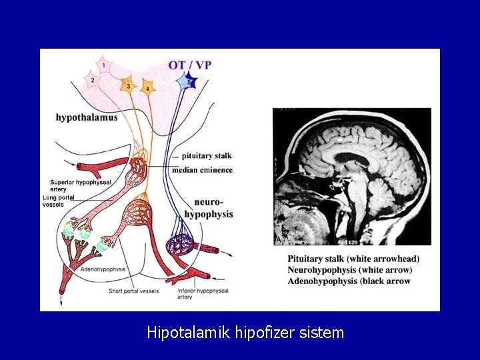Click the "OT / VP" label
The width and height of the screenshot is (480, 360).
pyautogui.click(x=190, y=65)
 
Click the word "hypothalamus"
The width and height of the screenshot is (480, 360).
pyautogui.click(x=87, y=117)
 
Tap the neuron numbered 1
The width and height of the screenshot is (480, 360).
pyautogui.click(x=103, y=66)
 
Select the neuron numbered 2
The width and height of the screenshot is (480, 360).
pyautogui.click(x=92, y=80)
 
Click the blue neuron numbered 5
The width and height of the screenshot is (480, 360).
pyautogui.click(x=186, y=81)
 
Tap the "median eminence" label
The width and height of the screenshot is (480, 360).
pyautogui.click(x=202, y=170)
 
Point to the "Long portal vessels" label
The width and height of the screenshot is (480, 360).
pyautogui.click(x=59, y=201)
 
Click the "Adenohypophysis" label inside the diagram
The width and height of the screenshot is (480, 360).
pyautogui.click(x=103, y=269)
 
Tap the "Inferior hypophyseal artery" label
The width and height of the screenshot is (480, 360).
pyautogui.click(x=203, y=294)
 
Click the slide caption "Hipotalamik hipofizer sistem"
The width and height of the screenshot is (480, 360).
pyautogui.click(x=245, y=332)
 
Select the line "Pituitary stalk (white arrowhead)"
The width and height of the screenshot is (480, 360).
pyautogui.click(x=353, y=259)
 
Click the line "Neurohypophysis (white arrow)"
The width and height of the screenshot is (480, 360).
pyautogui.click(x=349, y=270)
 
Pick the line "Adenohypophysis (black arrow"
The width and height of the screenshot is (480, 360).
pyautogui.click(x=349, y=281)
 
